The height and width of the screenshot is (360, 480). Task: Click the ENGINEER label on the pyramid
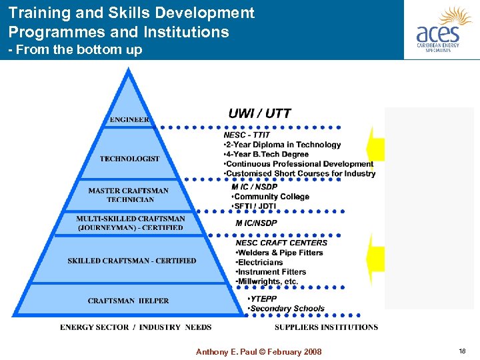(129, 120)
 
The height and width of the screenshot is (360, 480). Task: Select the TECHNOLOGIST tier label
(129, 159)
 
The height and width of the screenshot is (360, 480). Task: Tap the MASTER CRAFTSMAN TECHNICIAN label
(129, 195)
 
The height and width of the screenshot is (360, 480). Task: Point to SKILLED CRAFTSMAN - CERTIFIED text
(132, 261)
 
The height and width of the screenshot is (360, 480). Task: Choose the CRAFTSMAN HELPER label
(128, 301)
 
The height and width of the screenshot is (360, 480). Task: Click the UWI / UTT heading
(259, 113)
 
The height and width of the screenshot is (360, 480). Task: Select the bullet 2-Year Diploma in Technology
(282, 145)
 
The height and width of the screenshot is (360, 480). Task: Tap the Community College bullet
(270, 197)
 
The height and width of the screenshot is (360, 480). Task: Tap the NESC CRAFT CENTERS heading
(281, 243)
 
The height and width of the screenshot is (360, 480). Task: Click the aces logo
(439, 30)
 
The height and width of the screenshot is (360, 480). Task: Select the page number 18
(462, 351)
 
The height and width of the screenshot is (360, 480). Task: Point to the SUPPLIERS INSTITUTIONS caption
(326, 327)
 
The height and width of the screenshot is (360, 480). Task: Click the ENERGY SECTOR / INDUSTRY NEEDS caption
(135, 327)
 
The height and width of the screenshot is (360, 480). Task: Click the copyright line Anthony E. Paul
(259, 352)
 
